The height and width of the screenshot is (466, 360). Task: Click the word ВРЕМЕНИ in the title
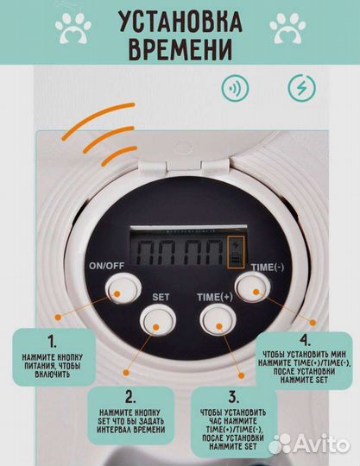click(180, 49)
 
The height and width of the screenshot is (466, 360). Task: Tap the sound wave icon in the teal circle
click(235, 88)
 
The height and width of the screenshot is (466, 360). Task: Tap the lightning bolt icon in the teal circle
click(302, 88)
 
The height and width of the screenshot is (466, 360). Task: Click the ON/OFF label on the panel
click(106, 266)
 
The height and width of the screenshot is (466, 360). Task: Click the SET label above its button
click(161, 297)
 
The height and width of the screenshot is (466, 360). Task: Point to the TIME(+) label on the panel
click(215, 297)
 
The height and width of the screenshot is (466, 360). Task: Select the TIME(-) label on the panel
click(268, 268)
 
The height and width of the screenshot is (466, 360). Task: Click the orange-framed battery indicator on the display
click(236, 252)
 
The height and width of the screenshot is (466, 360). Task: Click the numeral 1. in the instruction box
click(53, 342)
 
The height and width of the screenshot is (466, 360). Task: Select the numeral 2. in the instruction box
click(130, 397)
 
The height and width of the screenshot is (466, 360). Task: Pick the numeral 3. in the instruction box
click(234, 397)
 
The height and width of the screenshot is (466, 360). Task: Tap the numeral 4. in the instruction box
click(305, 340)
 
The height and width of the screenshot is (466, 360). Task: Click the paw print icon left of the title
click(73, 28)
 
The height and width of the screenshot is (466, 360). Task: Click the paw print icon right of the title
click(287, 28)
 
